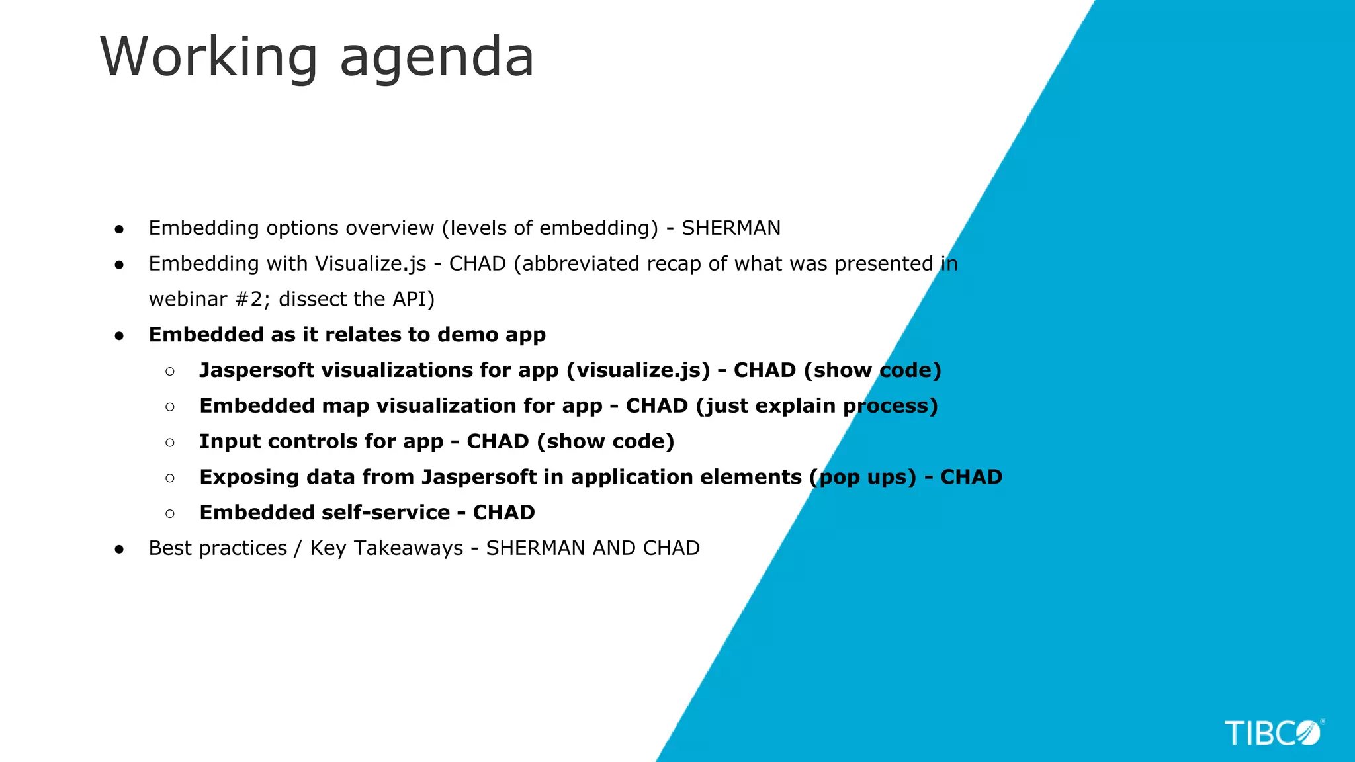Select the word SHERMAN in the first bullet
click(x=731, y=228)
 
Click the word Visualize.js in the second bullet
click(x=371, y=264)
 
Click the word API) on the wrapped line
click(x=414, y=300)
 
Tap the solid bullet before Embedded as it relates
click(x=119, y=336)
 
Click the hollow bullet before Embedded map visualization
click(x=170, y=407)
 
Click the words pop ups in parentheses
click(x=863, y=478)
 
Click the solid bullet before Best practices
click(x=119, y=549)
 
